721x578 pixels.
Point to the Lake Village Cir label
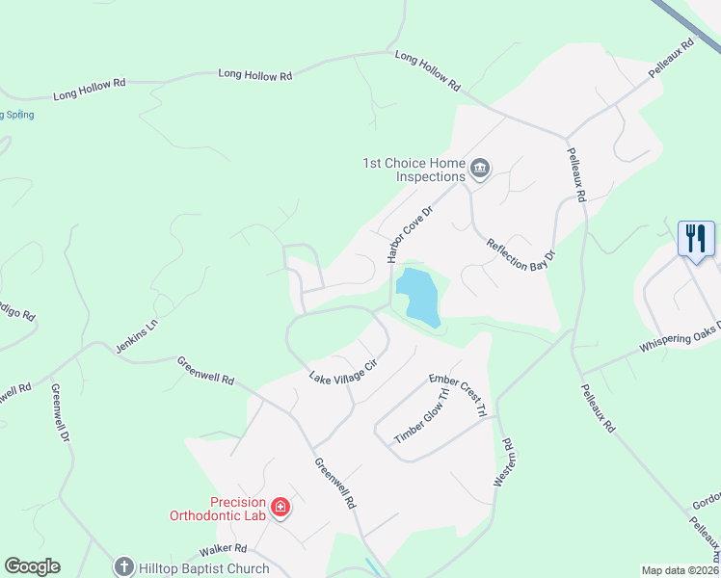(341, 373)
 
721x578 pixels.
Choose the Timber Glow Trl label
(422, 416)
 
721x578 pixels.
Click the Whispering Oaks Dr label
(680, 336)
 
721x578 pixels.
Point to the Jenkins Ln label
(135, 338)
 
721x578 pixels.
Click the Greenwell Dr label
(62, 413)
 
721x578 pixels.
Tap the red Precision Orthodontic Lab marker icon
(280, 507)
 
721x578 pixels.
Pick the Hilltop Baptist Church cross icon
(123, 567)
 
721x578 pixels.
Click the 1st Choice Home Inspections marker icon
(480, 171)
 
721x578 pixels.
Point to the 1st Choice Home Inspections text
(413, 170)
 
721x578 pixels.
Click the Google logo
(33, 566)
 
